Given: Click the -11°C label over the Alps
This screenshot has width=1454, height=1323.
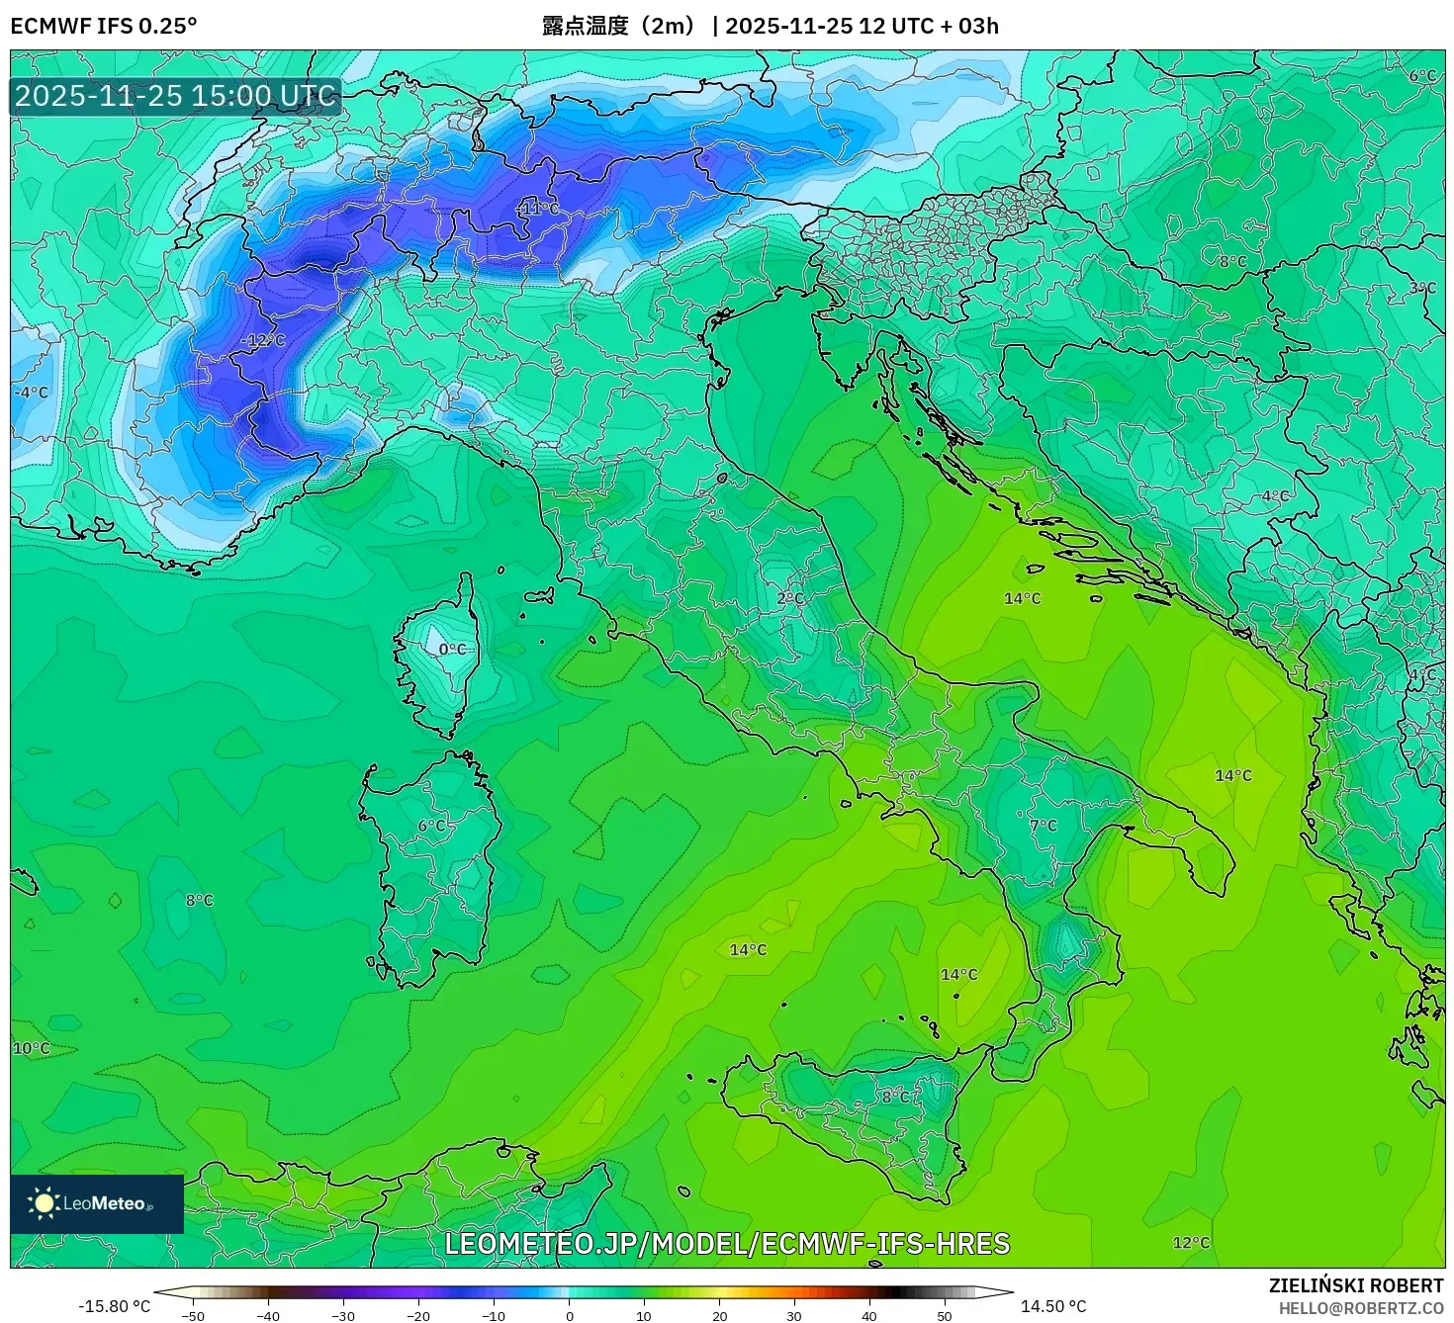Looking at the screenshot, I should (539, 209).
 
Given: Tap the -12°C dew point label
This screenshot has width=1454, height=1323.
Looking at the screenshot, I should (263, 340).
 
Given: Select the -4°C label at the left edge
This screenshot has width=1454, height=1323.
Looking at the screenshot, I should (31, 393).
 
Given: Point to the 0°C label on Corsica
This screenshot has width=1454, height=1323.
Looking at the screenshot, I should (452, 649).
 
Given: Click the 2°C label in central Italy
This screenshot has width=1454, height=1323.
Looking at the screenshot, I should (790, 598).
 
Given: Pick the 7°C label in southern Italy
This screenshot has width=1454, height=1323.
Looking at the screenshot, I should (1044, 825).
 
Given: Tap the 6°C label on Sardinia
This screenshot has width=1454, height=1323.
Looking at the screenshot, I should (432, 825).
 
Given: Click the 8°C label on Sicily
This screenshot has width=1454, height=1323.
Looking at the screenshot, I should (897, 1097).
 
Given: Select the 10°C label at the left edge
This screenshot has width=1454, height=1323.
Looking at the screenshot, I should (31, 1048).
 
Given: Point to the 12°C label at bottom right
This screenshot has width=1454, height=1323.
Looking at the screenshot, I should (1191, 1243).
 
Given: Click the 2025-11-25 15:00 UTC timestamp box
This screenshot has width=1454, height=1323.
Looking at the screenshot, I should (176, 96).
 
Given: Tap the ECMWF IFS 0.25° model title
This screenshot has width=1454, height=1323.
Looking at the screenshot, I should (104, 26).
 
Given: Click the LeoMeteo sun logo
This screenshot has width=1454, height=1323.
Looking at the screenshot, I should (44, 1203).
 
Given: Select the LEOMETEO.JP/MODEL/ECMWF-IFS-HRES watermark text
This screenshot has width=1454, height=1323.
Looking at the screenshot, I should (727, 1244).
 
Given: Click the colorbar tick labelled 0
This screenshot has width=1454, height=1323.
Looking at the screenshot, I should (569, 1315).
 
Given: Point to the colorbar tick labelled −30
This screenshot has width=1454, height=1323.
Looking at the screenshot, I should (342, 1315).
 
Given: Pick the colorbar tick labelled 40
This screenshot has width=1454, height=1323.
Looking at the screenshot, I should (869, 1315).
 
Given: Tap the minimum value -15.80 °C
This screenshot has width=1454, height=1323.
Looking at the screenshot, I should (115, 1306).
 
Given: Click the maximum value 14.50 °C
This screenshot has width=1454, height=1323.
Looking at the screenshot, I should (1053, 1306).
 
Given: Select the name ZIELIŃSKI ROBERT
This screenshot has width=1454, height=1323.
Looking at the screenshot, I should (1356, 1285).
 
